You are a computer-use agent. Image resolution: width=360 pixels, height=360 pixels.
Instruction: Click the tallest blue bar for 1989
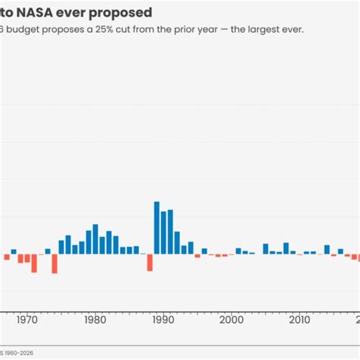[x=156, y=227]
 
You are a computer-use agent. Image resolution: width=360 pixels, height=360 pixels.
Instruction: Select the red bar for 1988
[x=150, y=262]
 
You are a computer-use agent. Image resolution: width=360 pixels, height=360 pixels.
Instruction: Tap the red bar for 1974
[x=55, y=263]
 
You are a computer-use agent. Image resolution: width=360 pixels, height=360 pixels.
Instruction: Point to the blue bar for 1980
[x=96, y=238]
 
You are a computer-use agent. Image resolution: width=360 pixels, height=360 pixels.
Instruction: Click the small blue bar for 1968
[x=14, y=251]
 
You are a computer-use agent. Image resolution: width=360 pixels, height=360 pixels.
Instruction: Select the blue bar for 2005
[x=266, y=248]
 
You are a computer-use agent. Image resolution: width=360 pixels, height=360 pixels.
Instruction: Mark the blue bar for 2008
[x=286, y=248]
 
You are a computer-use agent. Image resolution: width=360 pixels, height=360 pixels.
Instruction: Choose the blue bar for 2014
[x=327, y=249]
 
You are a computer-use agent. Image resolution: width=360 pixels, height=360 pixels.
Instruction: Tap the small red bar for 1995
[x=197, y=255]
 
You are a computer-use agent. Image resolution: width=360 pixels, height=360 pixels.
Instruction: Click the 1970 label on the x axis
[x=27, y=320]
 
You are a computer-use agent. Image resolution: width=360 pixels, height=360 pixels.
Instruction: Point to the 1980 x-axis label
[x=96, y=320]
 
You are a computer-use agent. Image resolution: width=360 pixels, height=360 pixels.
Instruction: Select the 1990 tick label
[x=163, y=320]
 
